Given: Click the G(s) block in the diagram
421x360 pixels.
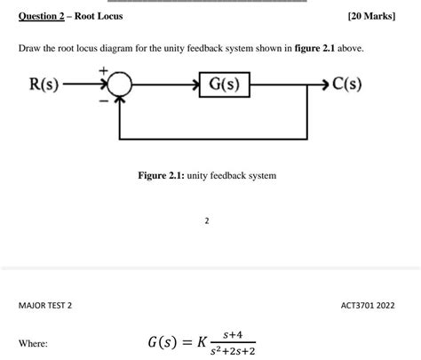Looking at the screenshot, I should [x=224, y=85].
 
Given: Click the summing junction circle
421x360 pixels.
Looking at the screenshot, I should [x=120, y=85].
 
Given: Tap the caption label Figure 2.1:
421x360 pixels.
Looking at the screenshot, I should [x=162, y=176].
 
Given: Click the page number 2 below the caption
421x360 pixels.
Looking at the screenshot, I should [x=206, y=219].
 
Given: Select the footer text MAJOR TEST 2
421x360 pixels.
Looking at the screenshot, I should [x=45, y=306].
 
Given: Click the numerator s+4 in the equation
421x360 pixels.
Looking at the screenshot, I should [x=234, y=335].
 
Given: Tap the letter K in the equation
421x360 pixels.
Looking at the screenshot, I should [x=203, y=342].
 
